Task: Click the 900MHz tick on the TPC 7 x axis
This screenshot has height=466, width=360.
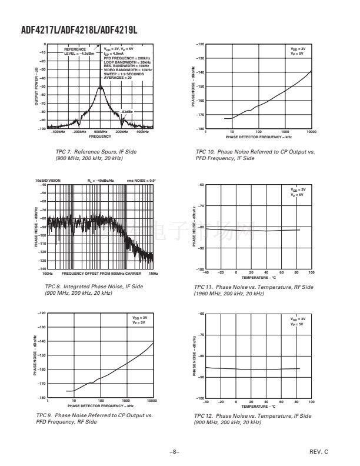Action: pyautogui.click(x=100, y=132)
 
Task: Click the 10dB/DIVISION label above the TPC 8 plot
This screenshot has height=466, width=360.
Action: pyautogui.click(x=48, y=181)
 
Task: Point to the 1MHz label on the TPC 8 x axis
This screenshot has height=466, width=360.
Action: pyautogui.click(x=152, y=273)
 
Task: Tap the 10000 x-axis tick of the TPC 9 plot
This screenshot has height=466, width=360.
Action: pyautogui.click(x=151, y=401)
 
